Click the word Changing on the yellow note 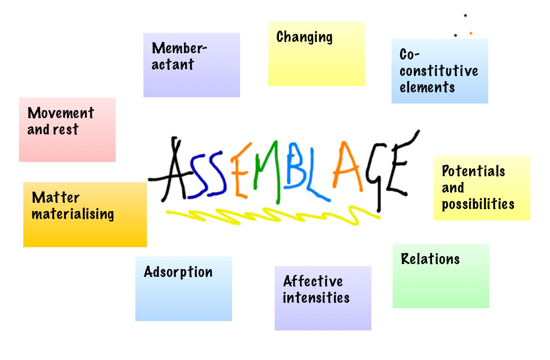(x=304, y=37)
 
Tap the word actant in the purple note (x=173, y=64)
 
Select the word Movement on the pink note (x=60, y=113)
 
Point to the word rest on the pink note (x=65, y=130)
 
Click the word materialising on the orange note (x=73, y=214)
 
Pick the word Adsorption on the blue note (x=178, y=272)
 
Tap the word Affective (x=313, y=281)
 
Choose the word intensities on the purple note (x=316, y=297)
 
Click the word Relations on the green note (x=430, y=259)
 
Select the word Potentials (x=473, y=171)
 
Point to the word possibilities (x=478, y=204)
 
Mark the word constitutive (x=439, y=71)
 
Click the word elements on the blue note (x=427, y=87)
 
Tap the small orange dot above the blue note (x=471, y=33)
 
